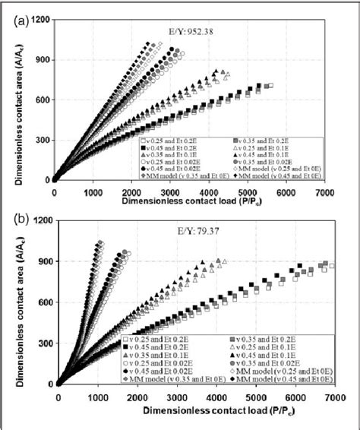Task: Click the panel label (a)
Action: click(24, 22)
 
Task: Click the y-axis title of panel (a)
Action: click(17, 99)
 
